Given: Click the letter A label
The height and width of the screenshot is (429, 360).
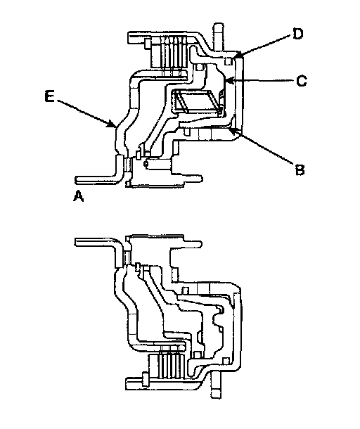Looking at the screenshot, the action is [79, 196].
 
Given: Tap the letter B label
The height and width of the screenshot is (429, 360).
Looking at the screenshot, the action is [300, 169].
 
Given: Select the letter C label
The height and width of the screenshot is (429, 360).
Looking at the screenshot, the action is [302, 81].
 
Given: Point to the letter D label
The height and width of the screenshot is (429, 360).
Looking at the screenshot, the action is [297, 34].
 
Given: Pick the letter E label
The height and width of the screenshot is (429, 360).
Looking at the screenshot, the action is [49, 96].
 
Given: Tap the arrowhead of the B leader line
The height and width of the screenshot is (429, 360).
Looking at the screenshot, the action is [233, 131].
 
